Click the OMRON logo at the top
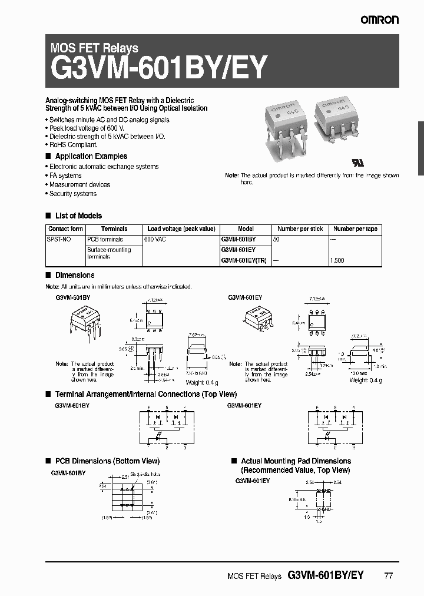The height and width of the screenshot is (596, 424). [x=380, y=20]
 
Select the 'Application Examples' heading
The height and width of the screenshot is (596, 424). [x=91, y=156]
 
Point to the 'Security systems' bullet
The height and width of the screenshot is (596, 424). [x=72, y=194]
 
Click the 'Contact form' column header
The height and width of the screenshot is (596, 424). [x=65, y=229]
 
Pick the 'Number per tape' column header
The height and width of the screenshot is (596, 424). [x=355, y=229]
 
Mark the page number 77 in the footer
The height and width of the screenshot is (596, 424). [x=387, y=575]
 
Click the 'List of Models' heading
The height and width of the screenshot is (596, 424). [x=78, y=216]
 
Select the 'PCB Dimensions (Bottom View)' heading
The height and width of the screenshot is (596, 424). [x=107, y=461]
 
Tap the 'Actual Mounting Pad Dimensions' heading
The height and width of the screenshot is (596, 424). [x=296, y=461]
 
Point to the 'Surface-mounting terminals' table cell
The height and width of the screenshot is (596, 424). [x=109, y=253]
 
